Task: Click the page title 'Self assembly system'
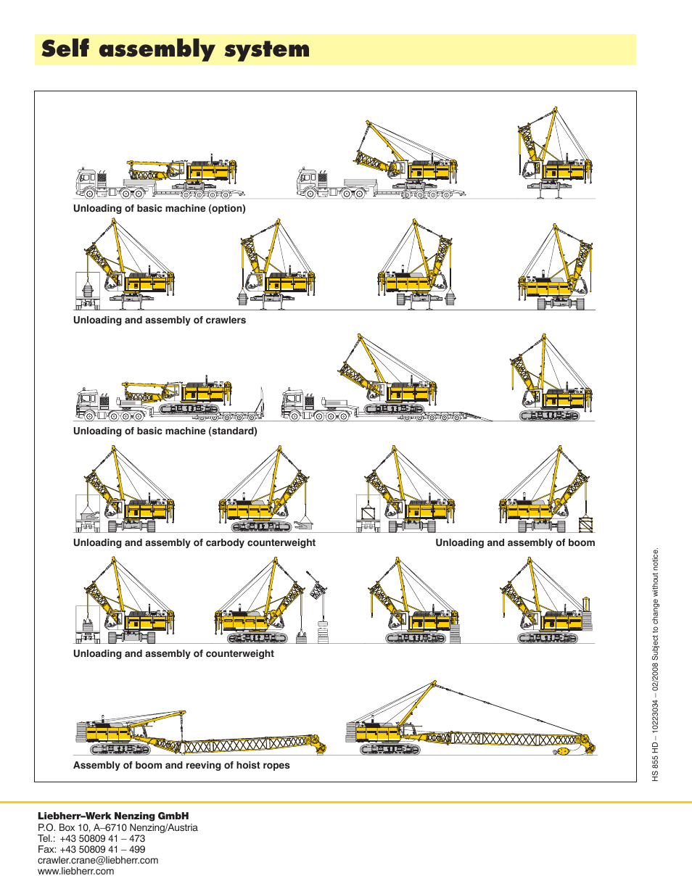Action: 176,49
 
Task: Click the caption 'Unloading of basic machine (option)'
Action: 160,209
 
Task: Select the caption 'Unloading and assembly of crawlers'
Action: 160,320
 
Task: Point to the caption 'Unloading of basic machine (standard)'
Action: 165,431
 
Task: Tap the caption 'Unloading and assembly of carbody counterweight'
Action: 194,543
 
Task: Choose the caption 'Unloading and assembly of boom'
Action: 515,543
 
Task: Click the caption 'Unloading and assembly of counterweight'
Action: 173,654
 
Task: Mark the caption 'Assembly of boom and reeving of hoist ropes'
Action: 181,766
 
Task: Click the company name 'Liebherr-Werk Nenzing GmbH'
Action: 113,816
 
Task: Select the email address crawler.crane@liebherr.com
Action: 98,861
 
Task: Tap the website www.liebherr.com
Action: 76,872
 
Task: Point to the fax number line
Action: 91,850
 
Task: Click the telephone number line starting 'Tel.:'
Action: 91,839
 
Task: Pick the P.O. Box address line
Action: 118,828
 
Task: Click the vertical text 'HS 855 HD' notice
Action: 655,664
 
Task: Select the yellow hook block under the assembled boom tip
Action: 561,752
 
